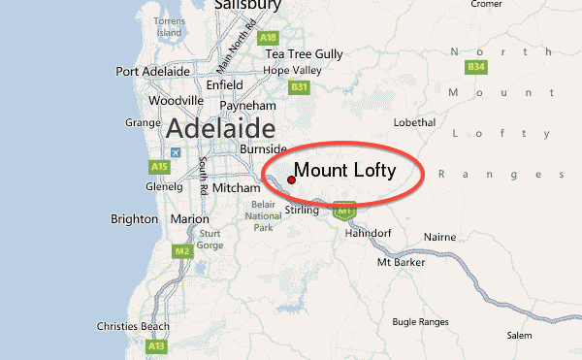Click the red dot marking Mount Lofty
point(292,180)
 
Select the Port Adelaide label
point(152,72)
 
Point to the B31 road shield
point(299,87)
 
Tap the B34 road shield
point(475,67)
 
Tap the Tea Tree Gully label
point(305,53)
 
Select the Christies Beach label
point(134,327)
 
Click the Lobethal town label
point(418,122)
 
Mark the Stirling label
point(303,211)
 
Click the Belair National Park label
point(263,216)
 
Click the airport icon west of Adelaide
point(175,152)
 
